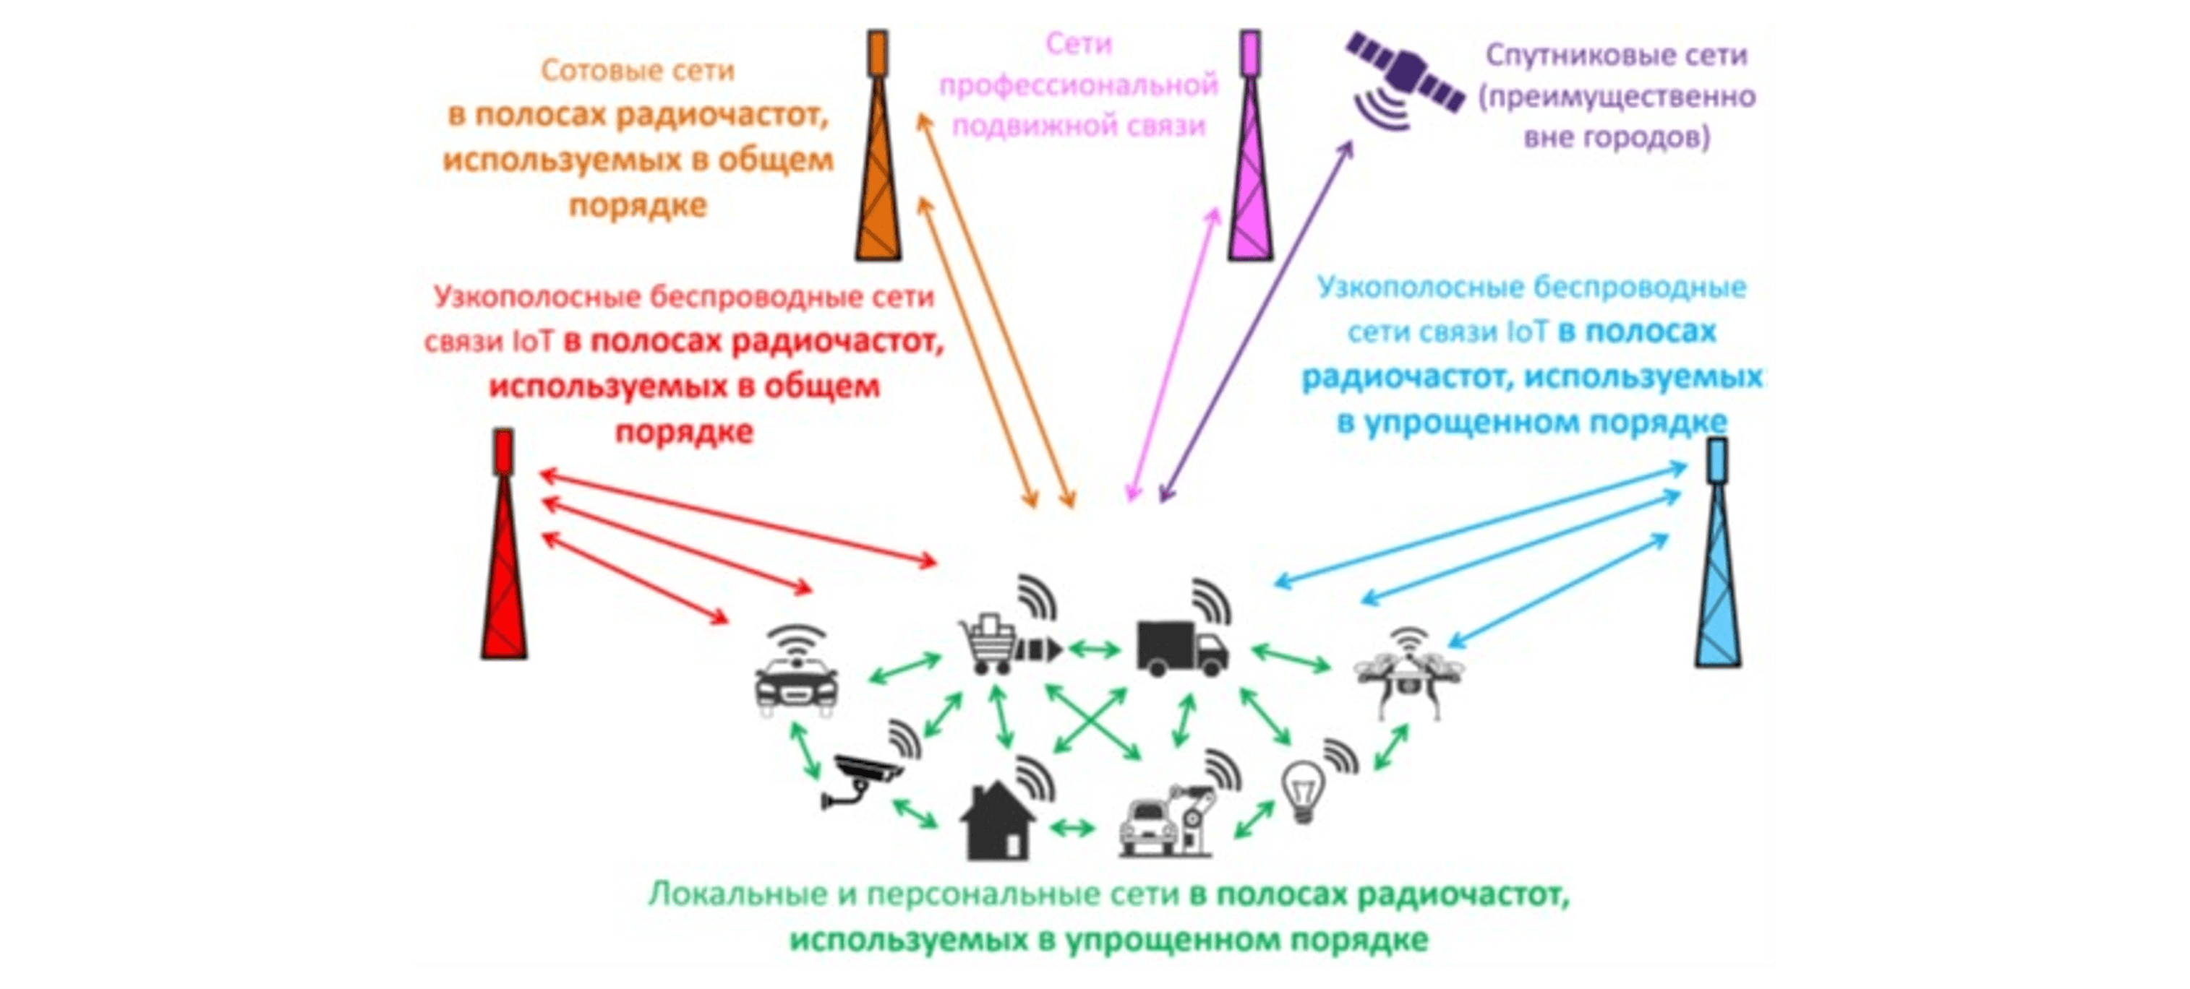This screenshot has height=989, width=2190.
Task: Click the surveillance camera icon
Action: point(863,777)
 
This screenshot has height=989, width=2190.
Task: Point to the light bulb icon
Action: point(1304,790)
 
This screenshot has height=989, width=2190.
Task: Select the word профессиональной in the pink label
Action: point(1078,85)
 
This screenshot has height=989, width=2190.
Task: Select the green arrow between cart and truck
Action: point(1094,650)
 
